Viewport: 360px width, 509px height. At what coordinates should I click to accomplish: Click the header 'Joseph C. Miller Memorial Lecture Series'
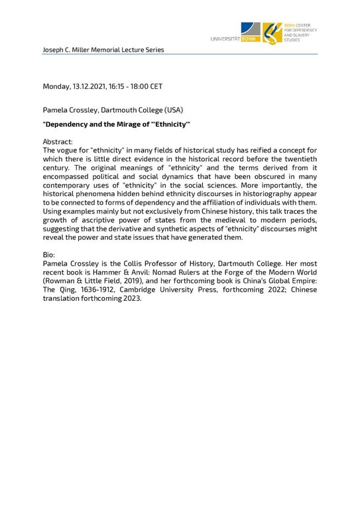(103, 50)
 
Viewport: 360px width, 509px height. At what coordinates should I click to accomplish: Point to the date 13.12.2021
(91, 86)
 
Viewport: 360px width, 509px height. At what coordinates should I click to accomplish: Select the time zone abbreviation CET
(155, 86)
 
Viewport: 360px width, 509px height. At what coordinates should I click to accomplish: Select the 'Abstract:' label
(58, 142)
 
